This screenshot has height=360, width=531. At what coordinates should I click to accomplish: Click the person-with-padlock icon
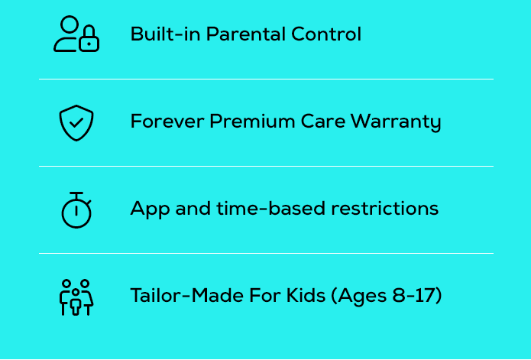(76, 34)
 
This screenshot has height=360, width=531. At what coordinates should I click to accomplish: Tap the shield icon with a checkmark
(76, 122)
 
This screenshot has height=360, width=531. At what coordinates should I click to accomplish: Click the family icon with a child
(76, 297)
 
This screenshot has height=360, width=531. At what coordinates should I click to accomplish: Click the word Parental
(247, 34)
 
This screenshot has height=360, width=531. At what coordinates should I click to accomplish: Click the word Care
(320, 122)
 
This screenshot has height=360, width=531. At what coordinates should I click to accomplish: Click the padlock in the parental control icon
(89, 41)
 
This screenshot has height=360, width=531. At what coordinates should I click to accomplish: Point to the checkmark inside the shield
(76, 122)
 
